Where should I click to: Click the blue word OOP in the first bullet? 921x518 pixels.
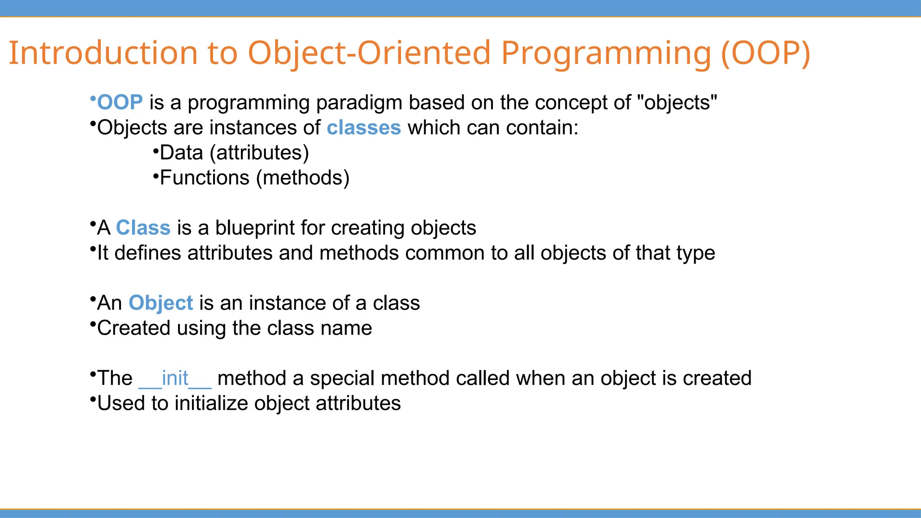pyautogui.click(x=120, y=103)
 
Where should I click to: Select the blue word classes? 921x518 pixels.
pyautogui.click(x=363, y=128)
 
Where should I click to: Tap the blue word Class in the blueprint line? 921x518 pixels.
pyautogui.click(x=143, y=228)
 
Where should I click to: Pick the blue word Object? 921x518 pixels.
pyautogui.click(x=161, y=303)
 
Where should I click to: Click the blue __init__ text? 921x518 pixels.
pyautogui.click(x=175, y=378)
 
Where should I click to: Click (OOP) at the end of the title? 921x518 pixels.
pyautogui.click(x=765, y=53)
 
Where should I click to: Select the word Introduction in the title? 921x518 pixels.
pyautogui.click(x=103, y=53)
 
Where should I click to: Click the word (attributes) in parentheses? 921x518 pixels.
pyautogui.click(x=259, y=153)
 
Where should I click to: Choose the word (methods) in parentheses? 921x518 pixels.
pyautogui.click(x=303, y=178)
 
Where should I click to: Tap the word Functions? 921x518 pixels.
pyautogui.click(x=205, y=178)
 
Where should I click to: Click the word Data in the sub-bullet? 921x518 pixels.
pyautogui.click(x=181, y=153)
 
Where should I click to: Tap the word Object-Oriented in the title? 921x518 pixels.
pyautogui.click(x=369, y=53)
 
